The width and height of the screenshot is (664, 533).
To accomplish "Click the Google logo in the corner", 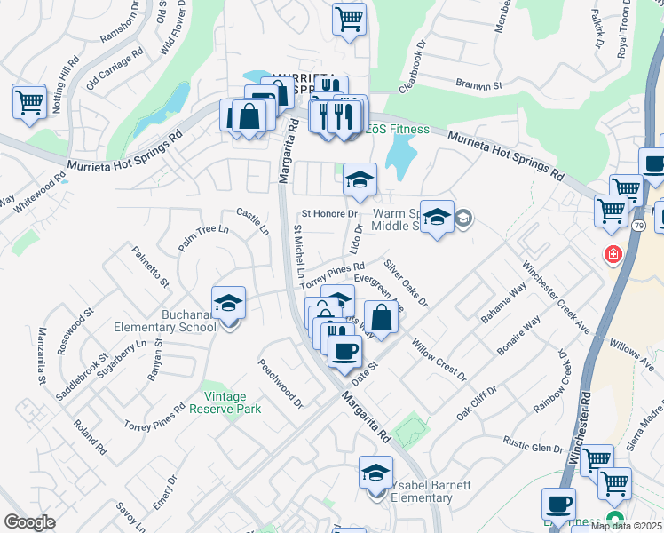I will pos(30,522).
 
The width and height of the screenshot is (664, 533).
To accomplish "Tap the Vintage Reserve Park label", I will pos(225,402).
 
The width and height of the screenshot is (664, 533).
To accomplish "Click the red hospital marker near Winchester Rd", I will pos(613,256).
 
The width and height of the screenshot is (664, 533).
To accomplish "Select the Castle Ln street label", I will pos(252,221).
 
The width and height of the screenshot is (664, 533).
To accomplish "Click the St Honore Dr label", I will pos(329,213).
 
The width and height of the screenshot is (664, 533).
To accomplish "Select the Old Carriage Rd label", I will pos(116,69).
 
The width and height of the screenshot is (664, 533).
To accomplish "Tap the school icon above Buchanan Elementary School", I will pos(229,303).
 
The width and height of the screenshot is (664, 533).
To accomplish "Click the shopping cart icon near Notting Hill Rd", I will pos(29,100).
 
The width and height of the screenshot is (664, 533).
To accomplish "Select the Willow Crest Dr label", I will pos(439,358).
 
